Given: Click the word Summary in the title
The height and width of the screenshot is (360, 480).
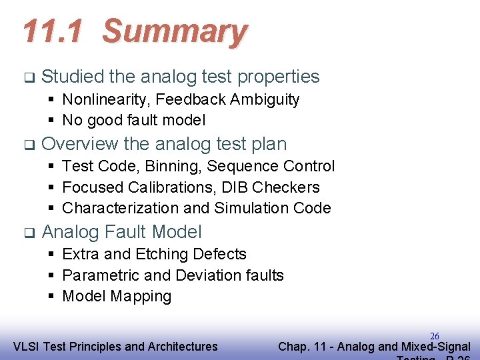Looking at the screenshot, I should click(x=175, y=31).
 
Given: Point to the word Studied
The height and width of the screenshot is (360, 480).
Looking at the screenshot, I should click(x=72, y=77).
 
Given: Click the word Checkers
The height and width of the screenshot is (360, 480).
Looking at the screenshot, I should click(x=290, y=187).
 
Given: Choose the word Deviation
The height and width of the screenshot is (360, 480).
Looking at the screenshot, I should click(x=208, y=275).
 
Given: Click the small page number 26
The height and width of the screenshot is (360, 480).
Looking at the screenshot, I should click(x=434, y=336).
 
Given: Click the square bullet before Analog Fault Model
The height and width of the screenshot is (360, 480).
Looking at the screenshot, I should click(x=28, y=233).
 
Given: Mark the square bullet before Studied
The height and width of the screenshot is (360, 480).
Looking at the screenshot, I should click(x=28, y=77).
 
